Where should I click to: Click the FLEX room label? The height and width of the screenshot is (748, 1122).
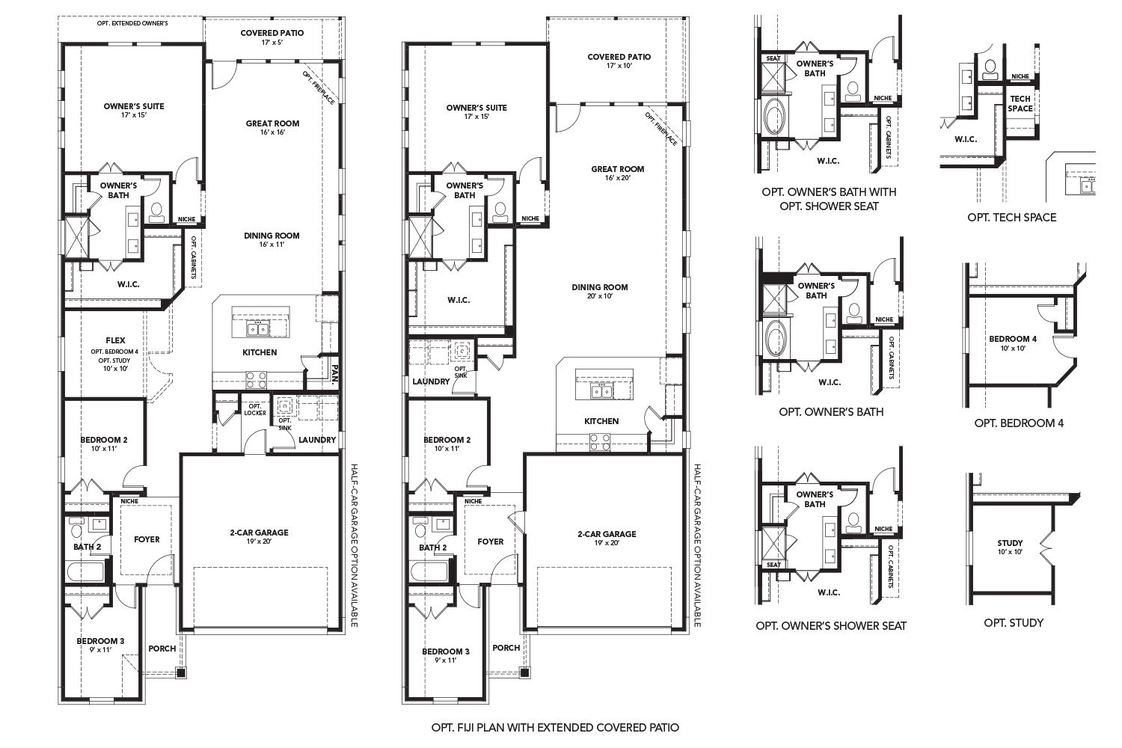pyautogui.click(x=115, y=340)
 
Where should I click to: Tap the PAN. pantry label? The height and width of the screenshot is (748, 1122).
pyautogui.click(x=336, y=373)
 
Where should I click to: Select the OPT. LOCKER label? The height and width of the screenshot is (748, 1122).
pyautogui.click(x=255, y=409)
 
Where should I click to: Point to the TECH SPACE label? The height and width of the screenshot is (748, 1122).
pyautogui.click(x=1020, y=104)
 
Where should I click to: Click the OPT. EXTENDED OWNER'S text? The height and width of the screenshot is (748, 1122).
pyautogui.click(x=132, y=23)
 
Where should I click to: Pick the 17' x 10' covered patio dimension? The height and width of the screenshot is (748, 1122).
pyautogui.click(x=619, y=67)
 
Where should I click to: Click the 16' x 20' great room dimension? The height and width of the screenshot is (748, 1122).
pyautogui.click(x=618, y=178)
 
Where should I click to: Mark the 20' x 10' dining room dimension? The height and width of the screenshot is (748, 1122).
pyautogui.click(x=599, y=296)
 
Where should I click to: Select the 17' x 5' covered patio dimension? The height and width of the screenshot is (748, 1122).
pyautogui.click(x=272, y=43)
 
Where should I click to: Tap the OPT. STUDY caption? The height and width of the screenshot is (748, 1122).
pyautogui.click(x=1014, y=622)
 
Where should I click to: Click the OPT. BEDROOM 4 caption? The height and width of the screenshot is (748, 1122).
pyautogui.click(x=1019, y=423)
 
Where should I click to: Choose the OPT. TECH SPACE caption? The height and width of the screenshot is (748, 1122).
pyautogui.click(x=1011, y=217)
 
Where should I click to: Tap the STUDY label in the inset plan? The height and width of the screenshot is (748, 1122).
pyautogui.click(x=1010, y=543)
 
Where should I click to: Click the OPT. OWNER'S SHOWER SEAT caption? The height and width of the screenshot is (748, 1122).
pyautogui.click(x=831, y=625)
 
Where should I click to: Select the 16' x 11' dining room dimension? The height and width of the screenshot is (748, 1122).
pyautogui.click(x=272, y=245)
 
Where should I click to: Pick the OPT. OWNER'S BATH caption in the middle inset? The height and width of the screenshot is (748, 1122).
pyautogui.click(x=831, y=411)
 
